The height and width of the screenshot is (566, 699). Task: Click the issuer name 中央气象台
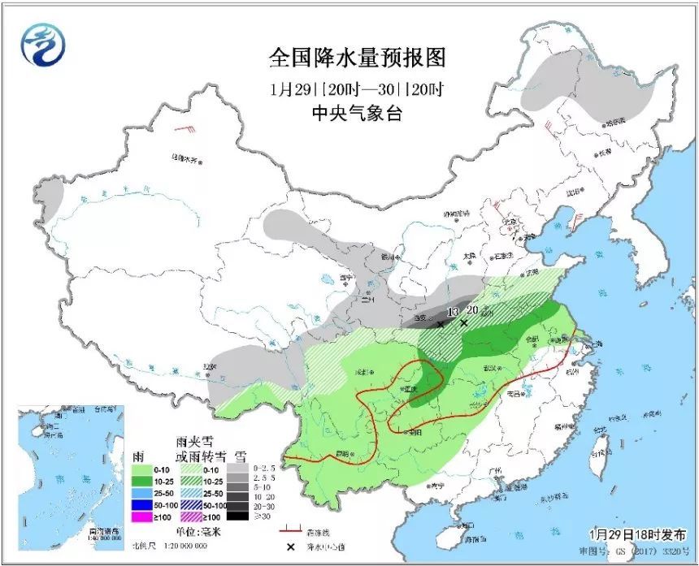point(357,115)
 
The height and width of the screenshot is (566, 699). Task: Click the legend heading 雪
point(241,456)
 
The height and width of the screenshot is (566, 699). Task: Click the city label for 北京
point(510,221)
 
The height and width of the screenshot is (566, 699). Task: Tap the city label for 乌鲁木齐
point(185,158)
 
